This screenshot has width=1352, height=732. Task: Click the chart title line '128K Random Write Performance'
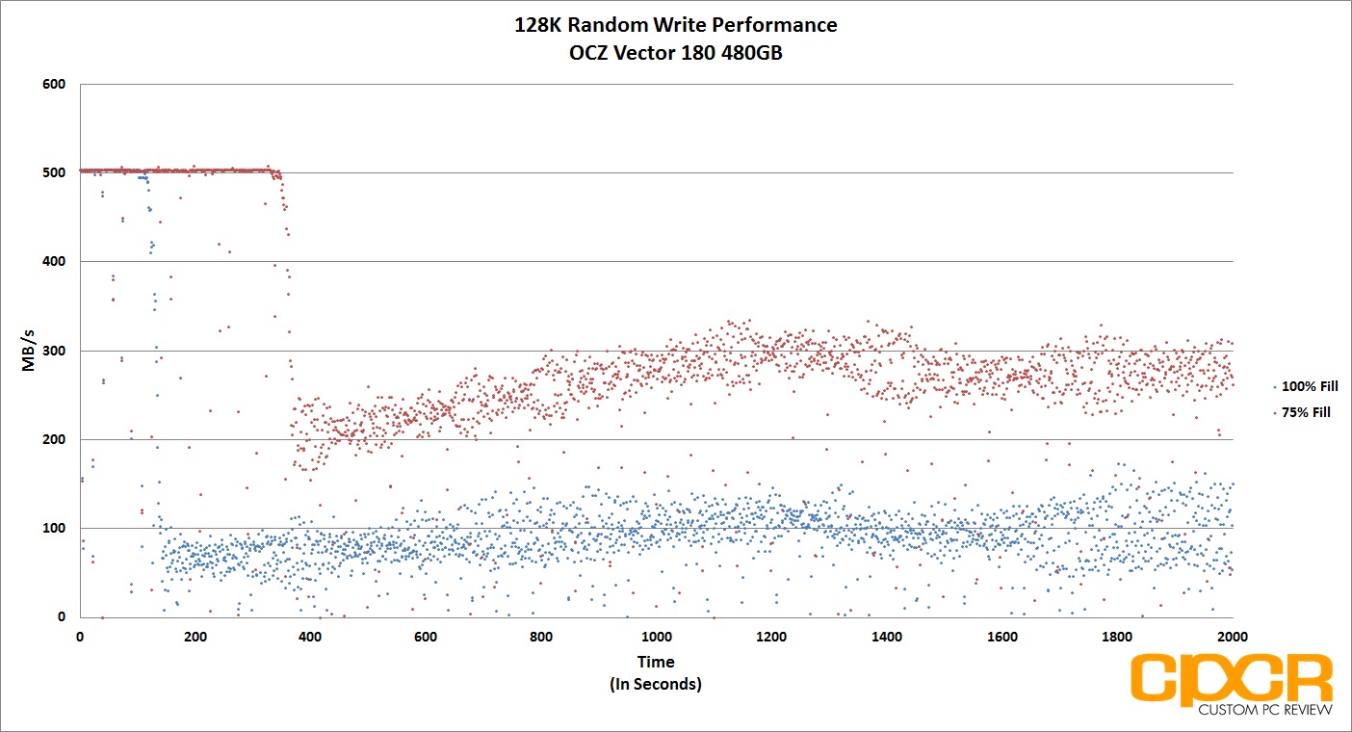[x=675, y=25]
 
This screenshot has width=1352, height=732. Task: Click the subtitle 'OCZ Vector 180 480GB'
[x=675, y=53]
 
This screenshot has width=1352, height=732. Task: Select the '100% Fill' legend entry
[x=1306, y=386]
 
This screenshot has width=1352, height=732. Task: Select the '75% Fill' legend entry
[x=1302, y=412]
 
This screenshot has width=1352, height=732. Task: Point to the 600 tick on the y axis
[x=54, y=84]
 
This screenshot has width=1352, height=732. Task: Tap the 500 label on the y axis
[x=54, y=172]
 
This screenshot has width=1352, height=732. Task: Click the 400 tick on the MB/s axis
[x=54, y=261]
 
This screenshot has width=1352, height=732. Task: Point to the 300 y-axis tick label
[x=54, y=351]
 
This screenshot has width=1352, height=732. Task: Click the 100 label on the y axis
[x=54, y=528]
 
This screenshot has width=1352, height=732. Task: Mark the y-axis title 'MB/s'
[x=28, y=350]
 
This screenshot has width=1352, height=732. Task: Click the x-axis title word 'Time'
[x=656, y=662]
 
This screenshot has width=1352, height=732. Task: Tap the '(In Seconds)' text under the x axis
[x=656, y=684]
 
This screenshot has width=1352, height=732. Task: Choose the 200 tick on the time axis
[x=195, y=637]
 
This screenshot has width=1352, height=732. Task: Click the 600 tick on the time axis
[x=426, y=637]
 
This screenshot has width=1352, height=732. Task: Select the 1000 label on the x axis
[x=656, y=637]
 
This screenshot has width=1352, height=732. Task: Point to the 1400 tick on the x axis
[x=887, y=637]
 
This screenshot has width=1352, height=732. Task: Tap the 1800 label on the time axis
[x=1117, y=637]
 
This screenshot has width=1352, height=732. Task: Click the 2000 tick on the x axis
[x=1233, y=637]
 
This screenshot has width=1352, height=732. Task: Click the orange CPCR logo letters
[x=1232, y=678]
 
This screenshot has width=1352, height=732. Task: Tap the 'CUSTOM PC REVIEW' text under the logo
[x=1265, y=710]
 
